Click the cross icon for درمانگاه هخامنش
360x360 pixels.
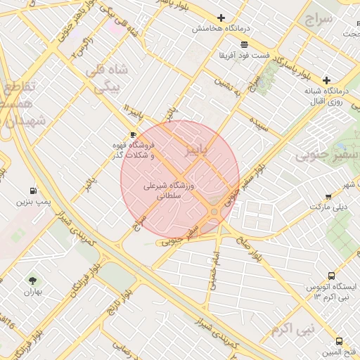tap(221, 18)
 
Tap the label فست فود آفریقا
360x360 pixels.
tap(243, 54)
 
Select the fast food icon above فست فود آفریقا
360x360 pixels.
tap(243, 44)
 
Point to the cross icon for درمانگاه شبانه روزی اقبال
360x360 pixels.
tap(326, 80)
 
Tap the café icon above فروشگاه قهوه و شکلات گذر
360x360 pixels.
tap(133, 134)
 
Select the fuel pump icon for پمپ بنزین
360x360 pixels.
tap(33, 191)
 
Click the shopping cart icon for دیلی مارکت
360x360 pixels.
tap(328, 197)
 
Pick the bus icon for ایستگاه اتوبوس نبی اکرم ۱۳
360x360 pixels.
tap(331, 276)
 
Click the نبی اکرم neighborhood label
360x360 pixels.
tap(292, 330)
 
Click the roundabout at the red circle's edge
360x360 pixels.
tap(214, 211)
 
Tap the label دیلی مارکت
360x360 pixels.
tap(329, 208)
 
